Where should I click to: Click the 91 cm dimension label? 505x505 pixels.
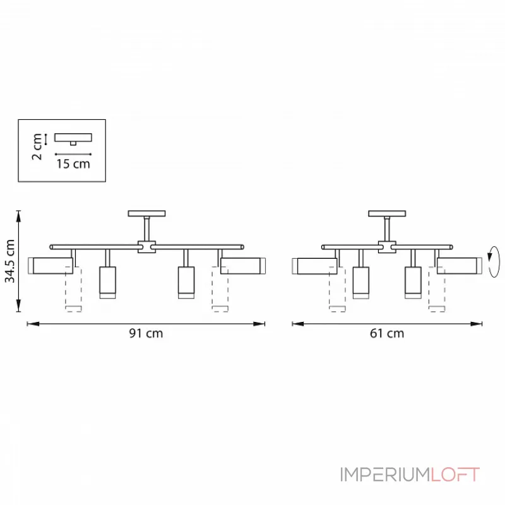[146, 333]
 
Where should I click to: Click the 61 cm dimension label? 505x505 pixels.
[387, 333]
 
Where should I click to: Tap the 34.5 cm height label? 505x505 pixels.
[9, 261]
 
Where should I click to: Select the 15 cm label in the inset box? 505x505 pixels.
[73, 164]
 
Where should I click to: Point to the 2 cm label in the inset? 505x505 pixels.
[37, 146]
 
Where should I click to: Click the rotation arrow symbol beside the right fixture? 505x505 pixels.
[494, 262]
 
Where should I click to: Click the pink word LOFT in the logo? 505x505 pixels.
[454, 475]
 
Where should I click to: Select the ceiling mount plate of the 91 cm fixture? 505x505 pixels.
[146, 213]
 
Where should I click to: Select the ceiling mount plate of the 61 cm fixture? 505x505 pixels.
[387, 213]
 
